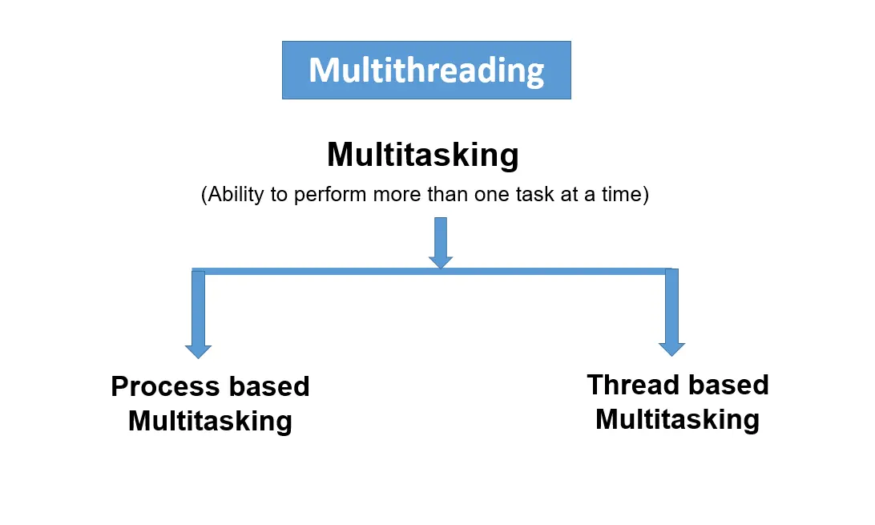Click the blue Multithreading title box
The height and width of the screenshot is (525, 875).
[x=426, y=71]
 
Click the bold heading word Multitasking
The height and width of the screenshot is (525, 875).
[x=422, y=154]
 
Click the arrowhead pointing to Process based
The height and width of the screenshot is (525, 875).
[x=198, y=351]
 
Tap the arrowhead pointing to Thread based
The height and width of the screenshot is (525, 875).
[x=671, y=349]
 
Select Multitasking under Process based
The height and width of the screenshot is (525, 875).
[x=210, y=421]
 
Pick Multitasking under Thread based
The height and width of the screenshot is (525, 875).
[x=677, y=419]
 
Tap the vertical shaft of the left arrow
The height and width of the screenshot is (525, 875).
[x=198, y=309]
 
